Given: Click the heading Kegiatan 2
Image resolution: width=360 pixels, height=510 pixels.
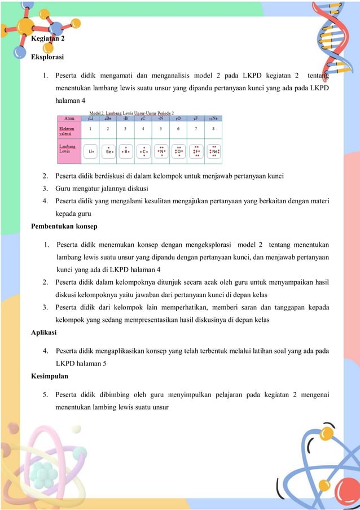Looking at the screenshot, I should [48, 39].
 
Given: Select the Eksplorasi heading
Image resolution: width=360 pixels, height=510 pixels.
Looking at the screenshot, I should [47, 57].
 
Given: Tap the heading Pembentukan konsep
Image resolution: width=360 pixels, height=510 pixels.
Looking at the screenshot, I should [64, 226].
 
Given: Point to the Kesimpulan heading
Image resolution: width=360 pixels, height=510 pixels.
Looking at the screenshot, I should [49, 376].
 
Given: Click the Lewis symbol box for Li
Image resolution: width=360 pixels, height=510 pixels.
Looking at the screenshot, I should [90, 151].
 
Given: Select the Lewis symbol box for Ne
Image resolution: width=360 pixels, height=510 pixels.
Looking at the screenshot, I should [214, 151].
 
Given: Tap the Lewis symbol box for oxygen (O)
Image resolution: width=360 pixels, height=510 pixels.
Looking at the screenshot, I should [179, 151].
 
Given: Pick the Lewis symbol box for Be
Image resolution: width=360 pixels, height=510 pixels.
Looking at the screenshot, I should [108, 151].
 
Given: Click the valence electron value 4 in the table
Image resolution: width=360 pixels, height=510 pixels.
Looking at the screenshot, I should [143, 129].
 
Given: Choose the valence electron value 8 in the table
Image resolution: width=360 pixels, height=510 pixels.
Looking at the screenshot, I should [213, 129].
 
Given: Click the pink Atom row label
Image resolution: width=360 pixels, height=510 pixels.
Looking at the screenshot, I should [70, 119].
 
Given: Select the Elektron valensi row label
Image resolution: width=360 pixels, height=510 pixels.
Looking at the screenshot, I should [68, 131].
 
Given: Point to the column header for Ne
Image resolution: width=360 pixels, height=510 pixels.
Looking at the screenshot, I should [213, 119].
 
